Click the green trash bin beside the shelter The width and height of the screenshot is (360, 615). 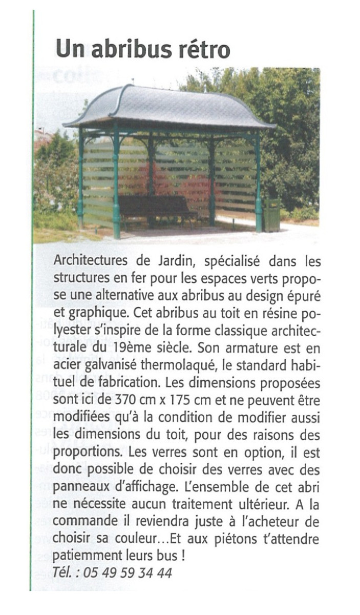[271, 215]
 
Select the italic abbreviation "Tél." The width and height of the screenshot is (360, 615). [62, 572]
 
